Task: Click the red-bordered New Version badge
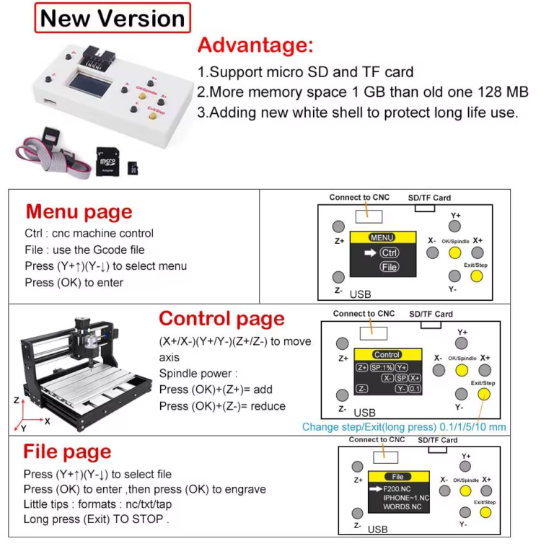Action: pyautogui.click(x=113, y=18)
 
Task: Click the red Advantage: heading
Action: pyautogui.click(x=255, y=45)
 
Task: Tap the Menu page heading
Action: pyautogui.click(x=79, y=211)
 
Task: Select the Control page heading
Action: pyautogui.click(x=221, y=318)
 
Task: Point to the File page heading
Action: pyautogui.click(x=67, y=452)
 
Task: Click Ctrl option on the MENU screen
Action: pyautogui.click(x=389, y=252)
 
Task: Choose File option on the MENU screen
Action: pyautogui.click(x=389, y=267)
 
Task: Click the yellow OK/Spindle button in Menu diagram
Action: pyautogui.click(x=454, y=252)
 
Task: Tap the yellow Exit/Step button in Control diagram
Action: pyautogui.click(x=484, y=394)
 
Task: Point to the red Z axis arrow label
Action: pyautogui.click(x=16, y=399)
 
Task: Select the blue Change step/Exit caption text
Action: pyautogui.click(x=404, y=427)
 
